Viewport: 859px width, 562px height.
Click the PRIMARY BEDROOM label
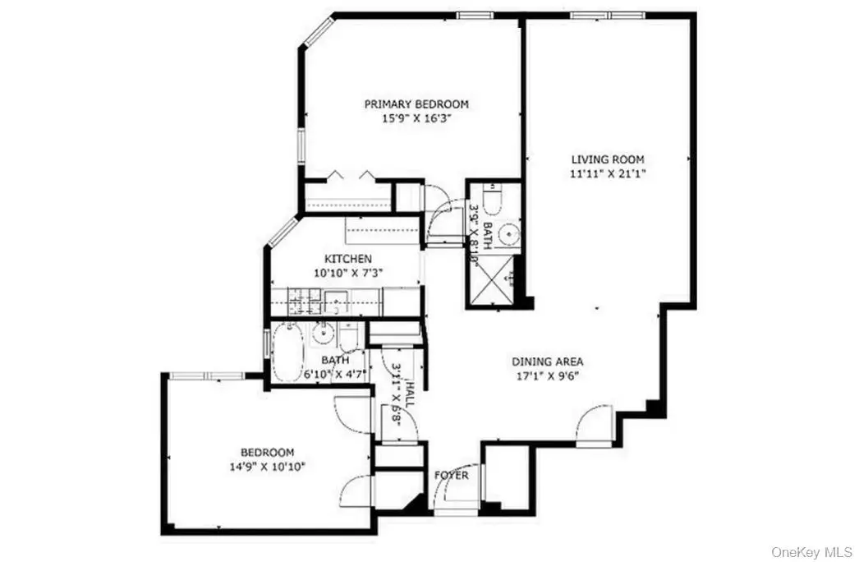pyautogui.click(x=416, y=104)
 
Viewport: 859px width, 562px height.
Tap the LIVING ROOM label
pyautogui.click(x=608, y=159)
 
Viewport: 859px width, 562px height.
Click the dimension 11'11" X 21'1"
pyautogui.click(x=608, y=173)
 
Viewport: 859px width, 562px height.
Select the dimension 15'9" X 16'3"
pyautogui.click(x=416, y=118)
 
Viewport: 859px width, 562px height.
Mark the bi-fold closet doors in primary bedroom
pyautogui.click(x=350, y=177)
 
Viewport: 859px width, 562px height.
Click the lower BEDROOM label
pyautogui.click(x=267, y=453)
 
